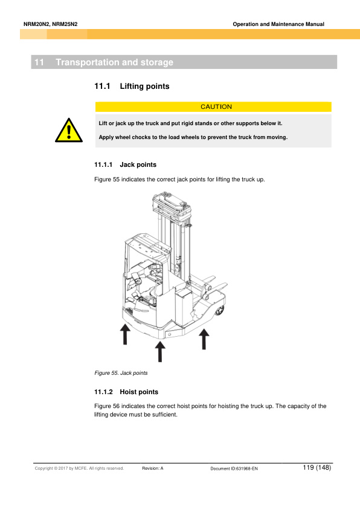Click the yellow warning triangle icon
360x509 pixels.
(x=69, y=131)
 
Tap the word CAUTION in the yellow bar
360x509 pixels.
(x=216, y=107)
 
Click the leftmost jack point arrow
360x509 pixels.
(x=125, y=334)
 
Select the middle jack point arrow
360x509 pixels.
(x=160, y=351)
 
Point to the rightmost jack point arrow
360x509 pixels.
(x=204, y=339)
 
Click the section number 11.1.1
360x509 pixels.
(x=103, y=164)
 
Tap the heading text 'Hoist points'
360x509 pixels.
(x=139, y=392)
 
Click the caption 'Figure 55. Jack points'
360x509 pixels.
(x=121, y=373)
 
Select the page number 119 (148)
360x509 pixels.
(x=317, y=467)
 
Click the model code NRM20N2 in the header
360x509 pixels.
(x=37, y=24)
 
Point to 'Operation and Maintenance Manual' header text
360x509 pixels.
(x=278, y=24)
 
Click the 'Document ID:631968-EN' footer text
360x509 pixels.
(x=234, y=468)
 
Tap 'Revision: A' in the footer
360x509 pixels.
(x=153, y=468)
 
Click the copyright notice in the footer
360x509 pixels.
(x=80, y=468)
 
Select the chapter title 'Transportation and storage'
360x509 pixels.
(x=115, y=62)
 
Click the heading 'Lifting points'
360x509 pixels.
(x=144, y=86)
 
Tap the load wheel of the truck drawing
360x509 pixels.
(x=220, y=311)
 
